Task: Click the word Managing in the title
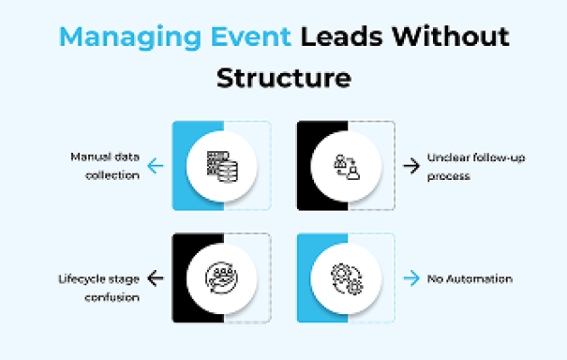pos(130,38)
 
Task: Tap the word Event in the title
pos(251,36)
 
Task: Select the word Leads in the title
pos(342,36)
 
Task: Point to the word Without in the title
pos(451,36)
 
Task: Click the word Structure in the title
pos(283,77)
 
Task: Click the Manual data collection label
pos(105,166)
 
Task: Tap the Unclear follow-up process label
pos(476,166)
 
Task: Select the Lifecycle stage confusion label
pos(99,288)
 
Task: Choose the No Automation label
pos(470,279)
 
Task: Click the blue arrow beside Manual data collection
pos(156,166)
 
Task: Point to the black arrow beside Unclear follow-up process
pos(411,166)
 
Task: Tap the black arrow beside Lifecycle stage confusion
pos(156,278)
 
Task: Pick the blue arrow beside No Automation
pos(411,278)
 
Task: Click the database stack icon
pos(222,166)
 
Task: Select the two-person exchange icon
pos(346,166)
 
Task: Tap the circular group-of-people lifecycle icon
pos(221,278)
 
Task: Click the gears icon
pos(346,279)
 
